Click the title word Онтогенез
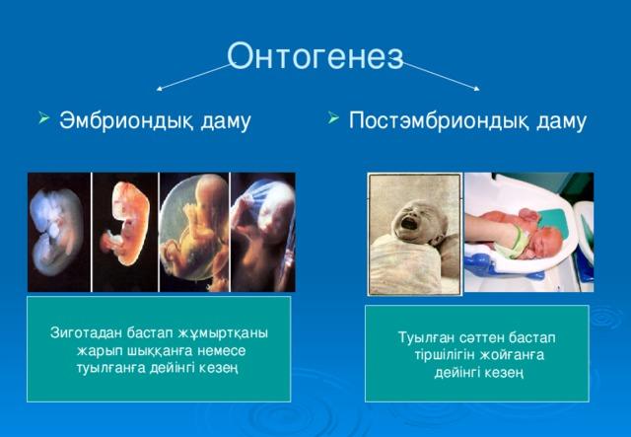click(315, 57)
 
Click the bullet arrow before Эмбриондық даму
click(43, 118)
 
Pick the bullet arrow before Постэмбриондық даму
click(333, 118)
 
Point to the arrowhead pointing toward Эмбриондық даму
click(159, 89)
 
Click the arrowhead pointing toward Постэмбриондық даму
click(477, 89)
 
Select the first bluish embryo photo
click(59, 232)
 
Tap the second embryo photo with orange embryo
click(125, 232)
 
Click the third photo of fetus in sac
click(194, 232)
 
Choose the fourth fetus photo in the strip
click(263, 232)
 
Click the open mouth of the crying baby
click(409, 223)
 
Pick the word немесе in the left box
click(222, 351)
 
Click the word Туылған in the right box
click(427, 337)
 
